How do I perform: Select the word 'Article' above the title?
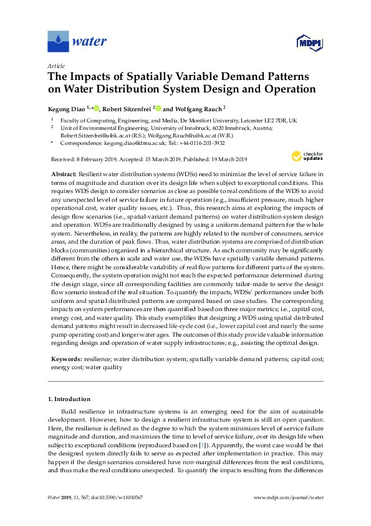click(56, 65)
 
